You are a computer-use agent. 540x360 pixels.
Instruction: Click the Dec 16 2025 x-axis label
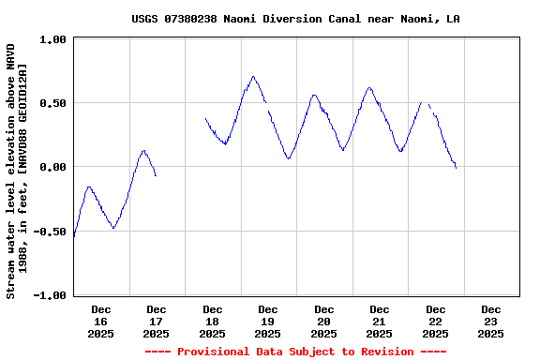101,322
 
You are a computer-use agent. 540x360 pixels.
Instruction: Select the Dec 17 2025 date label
157,322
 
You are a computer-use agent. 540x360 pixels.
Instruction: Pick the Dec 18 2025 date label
213,322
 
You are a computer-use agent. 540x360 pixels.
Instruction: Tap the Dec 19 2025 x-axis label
268,322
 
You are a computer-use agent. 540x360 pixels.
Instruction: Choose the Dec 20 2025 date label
324,322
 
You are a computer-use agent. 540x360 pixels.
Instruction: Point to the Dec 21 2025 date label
380,322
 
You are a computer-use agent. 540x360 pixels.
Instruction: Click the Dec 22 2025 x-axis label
435,322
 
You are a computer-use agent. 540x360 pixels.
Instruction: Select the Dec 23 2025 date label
490,322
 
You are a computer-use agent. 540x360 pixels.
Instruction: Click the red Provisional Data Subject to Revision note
295,352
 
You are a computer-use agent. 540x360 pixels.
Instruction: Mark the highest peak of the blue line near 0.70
253,77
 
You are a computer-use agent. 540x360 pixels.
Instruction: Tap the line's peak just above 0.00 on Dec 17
143,150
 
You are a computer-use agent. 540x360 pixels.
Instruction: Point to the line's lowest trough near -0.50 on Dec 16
113,228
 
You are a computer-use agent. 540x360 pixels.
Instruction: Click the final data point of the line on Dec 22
456,168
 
